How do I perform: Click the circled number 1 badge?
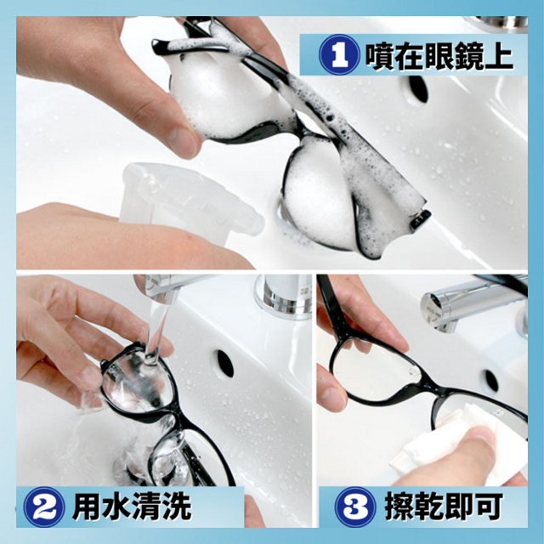click(339, 54)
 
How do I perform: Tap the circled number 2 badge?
click(44, 507)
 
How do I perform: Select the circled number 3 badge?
click(355, 507)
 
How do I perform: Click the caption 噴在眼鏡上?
click(439, 55)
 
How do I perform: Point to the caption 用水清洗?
click(132, 507)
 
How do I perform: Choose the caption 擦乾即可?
click(444, 507)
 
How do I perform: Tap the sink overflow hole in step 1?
click(418, 89)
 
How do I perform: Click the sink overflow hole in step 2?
click(225, 364)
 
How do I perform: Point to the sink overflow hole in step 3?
click(491, 381)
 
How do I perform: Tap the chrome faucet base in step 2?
click(283, 296)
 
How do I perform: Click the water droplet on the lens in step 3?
click(414, 371)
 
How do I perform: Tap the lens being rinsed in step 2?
click(139, 382)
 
